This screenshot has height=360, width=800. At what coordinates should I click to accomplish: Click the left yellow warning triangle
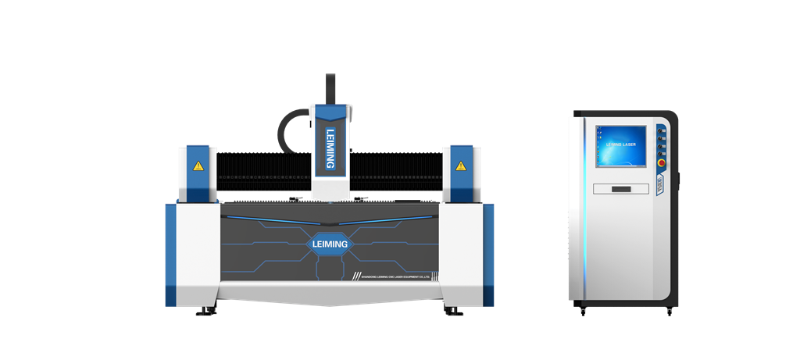[x=198, y=166]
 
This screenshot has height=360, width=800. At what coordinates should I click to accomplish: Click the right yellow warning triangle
[x=461, y=166]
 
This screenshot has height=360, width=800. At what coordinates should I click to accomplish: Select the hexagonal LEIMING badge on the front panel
[x=329, y=244]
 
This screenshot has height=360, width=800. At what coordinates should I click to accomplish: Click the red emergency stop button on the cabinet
[x=660, y=164]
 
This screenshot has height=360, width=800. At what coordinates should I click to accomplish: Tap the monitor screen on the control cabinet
[x=621, y=145]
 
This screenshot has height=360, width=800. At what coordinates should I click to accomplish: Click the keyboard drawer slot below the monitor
[x=621, y=189]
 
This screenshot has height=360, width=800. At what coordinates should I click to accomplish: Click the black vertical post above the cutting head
[x=330, y=87]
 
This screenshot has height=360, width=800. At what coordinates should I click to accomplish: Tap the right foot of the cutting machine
[x=453, y=312]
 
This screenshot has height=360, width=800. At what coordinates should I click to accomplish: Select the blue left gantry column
[x=198, y=172]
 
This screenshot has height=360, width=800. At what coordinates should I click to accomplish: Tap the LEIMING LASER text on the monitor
[x=621, y=144]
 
